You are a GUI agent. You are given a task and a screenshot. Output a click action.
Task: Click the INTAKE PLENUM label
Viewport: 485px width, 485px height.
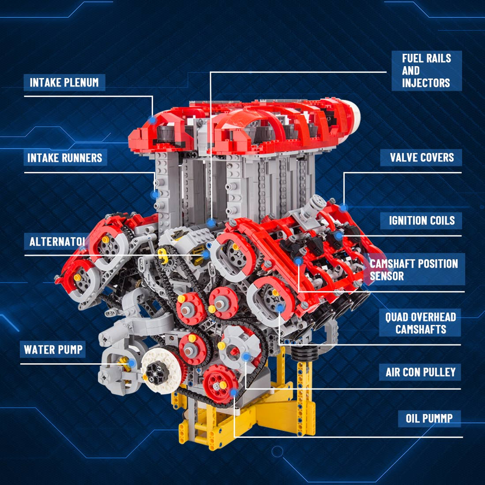(x=64, y=83)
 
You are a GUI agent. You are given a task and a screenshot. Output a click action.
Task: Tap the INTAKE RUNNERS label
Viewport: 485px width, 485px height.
(x=65, y=158)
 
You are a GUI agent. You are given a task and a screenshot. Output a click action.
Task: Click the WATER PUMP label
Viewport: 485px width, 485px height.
(x=53, y=350)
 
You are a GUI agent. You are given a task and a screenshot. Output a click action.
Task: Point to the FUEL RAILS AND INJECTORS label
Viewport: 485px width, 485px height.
(x=426, y=71)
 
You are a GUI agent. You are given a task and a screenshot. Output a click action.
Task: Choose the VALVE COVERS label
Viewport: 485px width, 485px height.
(x=421, y=158)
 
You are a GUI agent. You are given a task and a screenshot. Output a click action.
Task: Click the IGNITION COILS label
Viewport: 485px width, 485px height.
(x=421, y=220)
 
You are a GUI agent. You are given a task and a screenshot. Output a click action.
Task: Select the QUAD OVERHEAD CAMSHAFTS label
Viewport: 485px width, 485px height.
(x=420, y=323)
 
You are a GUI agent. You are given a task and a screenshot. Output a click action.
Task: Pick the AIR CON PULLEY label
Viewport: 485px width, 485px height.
(x=420, y=372)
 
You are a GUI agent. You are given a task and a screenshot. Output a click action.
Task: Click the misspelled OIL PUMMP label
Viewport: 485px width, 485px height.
(x=429, y=418)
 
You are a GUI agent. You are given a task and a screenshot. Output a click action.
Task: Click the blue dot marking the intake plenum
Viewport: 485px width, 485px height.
(x=153, y=120)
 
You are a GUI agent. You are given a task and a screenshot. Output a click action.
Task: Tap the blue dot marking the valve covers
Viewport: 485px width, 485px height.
(x=344, y=207)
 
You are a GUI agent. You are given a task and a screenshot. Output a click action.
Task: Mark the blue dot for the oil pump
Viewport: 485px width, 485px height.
(x=233, y=391)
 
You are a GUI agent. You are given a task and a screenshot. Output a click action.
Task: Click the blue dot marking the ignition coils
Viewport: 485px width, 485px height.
(x=338, y=236)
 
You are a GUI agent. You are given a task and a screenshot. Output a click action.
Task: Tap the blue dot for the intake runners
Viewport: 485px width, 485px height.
(x=155, y=194)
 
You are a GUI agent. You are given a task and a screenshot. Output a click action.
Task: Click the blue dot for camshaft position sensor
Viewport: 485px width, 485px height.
(x=299, y=261)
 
